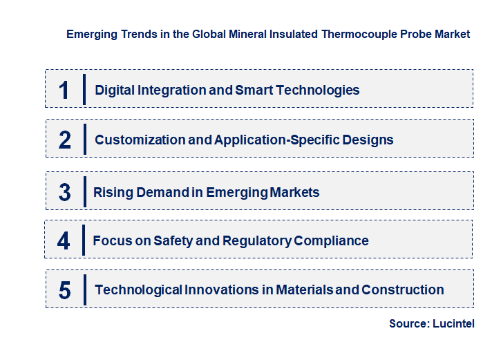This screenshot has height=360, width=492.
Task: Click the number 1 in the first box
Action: (64, 90)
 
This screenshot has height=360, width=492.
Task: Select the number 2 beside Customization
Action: (65, 140)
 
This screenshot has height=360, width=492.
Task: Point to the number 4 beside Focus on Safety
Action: (64, 241)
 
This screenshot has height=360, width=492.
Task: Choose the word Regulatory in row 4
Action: (256, 241)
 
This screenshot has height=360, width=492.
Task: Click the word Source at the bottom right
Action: (408, 323)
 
